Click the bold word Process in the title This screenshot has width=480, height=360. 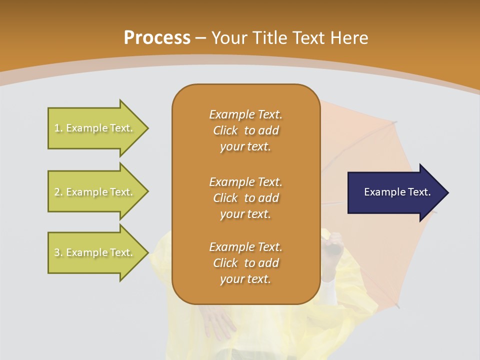[157, 38]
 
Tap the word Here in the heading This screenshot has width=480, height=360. [348, 38]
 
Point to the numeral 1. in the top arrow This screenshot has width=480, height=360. [58, 128]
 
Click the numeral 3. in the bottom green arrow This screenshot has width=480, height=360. [58, 253]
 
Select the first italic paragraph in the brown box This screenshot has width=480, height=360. [245, 130]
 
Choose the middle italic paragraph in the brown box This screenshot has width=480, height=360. [245, 197]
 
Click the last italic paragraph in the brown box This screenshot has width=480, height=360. [245, 263]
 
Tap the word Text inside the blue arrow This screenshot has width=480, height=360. [419, 192]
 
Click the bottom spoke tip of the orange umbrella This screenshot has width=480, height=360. [398, 307]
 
